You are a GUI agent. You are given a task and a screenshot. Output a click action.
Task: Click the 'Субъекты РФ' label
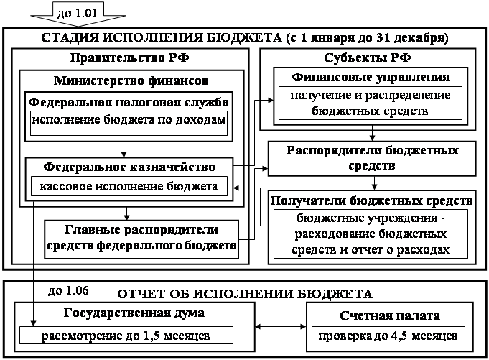pyautogui.click(x=371, y=57)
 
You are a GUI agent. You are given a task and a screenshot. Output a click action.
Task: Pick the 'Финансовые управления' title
pyautogui.click(x=371, y=77)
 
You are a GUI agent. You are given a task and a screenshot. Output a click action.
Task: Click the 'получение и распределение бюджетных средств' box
pyautogui.click(x=371, y=103)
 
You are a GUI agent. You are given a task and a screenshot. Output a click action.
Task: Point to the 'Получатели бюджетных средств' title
pyautogui.click(x=372, y=199)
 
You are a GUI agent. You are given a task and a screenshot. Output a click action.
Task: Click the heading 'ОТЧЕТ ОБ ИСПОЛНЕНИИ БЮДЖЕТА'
pyautogui.click(x=244, y=293)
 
